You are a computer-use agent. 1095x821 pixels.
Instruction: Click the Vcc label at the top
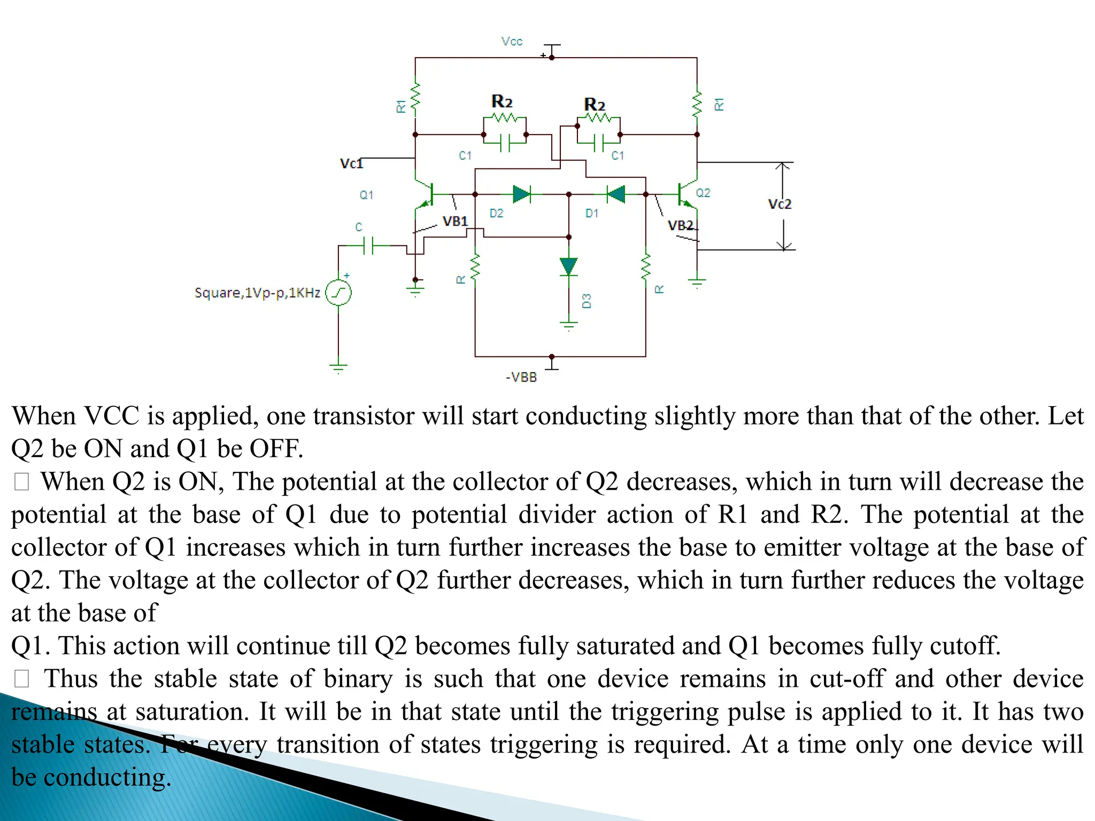pyautogui.click(x=512, y=42)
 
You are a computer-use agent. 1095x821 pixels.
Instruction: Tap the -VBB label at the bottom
pyautogui.click(x=521, y=377)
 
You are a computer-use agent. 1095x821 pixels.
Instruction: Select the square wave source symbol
pyautogui.click(x=338, y=293)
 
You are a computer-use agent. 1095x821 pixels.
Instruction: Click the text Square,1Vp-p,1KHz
pyautogui.click(x=257, y=293)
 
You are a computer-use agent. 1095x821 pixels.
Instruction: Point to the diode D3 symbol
pyautogui.click(x=568, y=266)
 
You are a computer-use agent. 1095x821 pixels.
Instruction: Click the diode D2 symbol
pyautogui.click(x=521, y=194)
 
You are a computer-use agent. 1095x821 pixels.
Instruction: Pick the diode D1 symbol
pyautogui.click(x=616, y=194)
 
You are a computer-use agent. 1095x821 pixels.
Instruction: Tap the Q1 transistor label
pyautogui.click(x=366, y=195)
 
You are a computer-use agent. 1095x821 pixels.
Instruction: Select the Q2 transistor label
pyautogui.click(x=703, y=193)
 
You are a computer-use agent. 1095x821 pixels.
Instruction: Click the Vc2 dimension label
pyautogui.click(x=780, y=204)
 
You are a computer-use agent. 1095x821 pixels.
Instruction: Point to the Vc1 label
pyautogui.click(x=351, y=164)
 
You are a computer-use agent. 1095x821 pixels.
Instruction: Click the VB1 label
pyautogui.click(x=456, y=221)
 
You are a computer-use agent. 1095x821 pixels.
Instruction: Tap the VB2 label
pyautogui.click(x=681, y=226)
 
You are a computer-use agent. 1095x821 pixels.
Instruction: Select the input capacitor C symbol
pyautogui.click(x=368, y=246)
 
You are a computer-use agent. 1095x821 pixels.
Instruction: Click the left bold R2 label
pyautogui.click(x=502, y=101)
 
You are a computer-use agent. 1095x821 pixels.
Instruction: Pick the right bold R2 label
pyautogui.click(x=595, y=104)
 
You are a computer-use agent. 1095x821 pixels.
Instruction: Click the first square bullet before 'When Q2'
pyautogui.click(x=21, y=482)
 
